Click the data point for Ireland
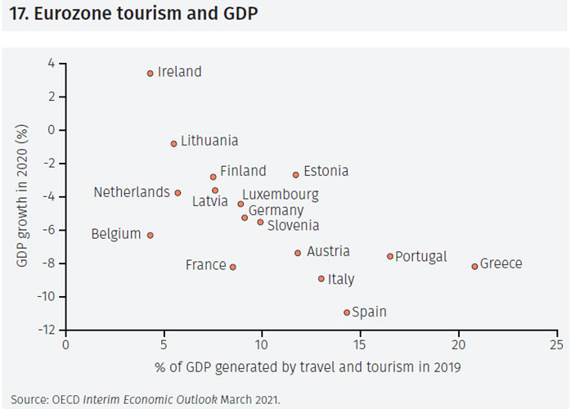click(x=151, y=73)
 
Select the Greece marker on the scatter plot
click(x=474, y=266)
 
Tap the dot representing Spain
click(x=347, y=312)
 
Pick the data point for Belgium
click(x=150, y=235)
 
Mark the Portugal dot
click(x=390, y=256)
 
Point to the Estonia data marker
click(x=296, y=174)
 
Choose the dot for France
click(x=233, y=267)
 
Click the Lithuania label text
click(x=209, y=141)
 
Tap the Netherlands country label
click(x=132, y=192)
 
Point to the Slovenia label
click(x=293, y=225)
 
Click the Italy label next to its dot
click(x=341, y=280)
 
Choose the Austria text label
click(x=328, y=252)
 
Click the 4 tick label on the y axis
click(x=51, y=63)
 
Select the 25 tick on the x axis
click(x=557, y=345)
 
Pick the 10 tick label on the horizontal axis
click(x=262, y=345)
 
